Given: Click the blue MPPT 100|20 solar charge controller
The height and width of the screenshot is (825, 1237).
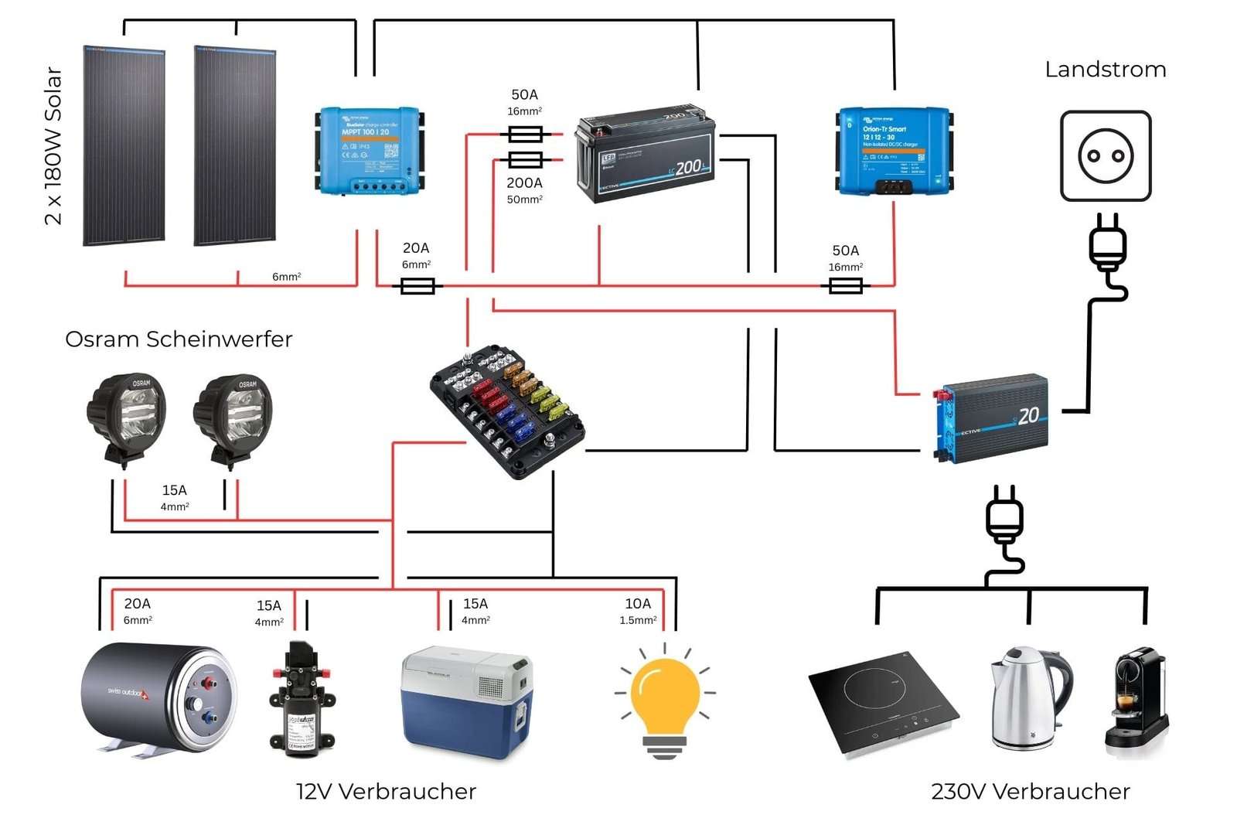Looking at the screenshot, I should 370,150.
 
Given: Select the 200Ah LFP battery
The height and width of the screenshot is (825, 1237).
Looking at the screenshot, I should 646,154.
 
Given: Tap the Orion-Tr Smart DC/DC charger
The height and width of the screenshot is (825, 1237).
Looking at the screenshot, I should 895,150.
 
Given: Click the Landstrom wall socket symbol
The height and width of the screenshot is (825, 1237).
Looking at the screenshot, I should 1106,155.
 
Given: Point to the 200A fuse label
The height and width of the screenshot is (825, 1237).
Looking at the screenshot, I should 524,183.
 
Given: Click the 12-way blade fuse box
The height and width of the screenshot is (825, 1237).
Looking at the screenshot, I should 507,410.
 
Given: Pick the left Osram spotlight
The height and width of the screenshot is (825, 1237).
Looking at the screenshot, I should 126,418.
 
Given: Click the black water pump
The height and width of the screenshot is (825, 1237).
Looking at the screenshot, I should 302,700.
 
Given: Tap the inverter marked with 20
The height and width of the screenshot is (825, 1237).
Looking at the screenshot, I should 992,420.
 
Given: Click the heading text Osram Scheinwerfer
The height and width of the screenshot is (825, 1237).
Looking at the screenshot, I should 179,339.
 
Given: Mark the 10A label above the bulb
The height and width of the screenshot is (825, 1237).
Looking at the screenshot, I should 638,604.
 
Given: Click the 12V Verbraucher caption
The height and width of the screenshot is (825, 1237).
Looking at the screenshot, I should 386,792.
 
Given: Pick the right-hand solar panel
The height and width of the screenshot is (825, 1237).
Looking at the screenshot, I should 235,145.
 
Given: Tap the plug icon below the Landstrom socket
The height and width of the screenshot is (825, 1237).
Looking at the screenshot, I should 1108,244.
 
